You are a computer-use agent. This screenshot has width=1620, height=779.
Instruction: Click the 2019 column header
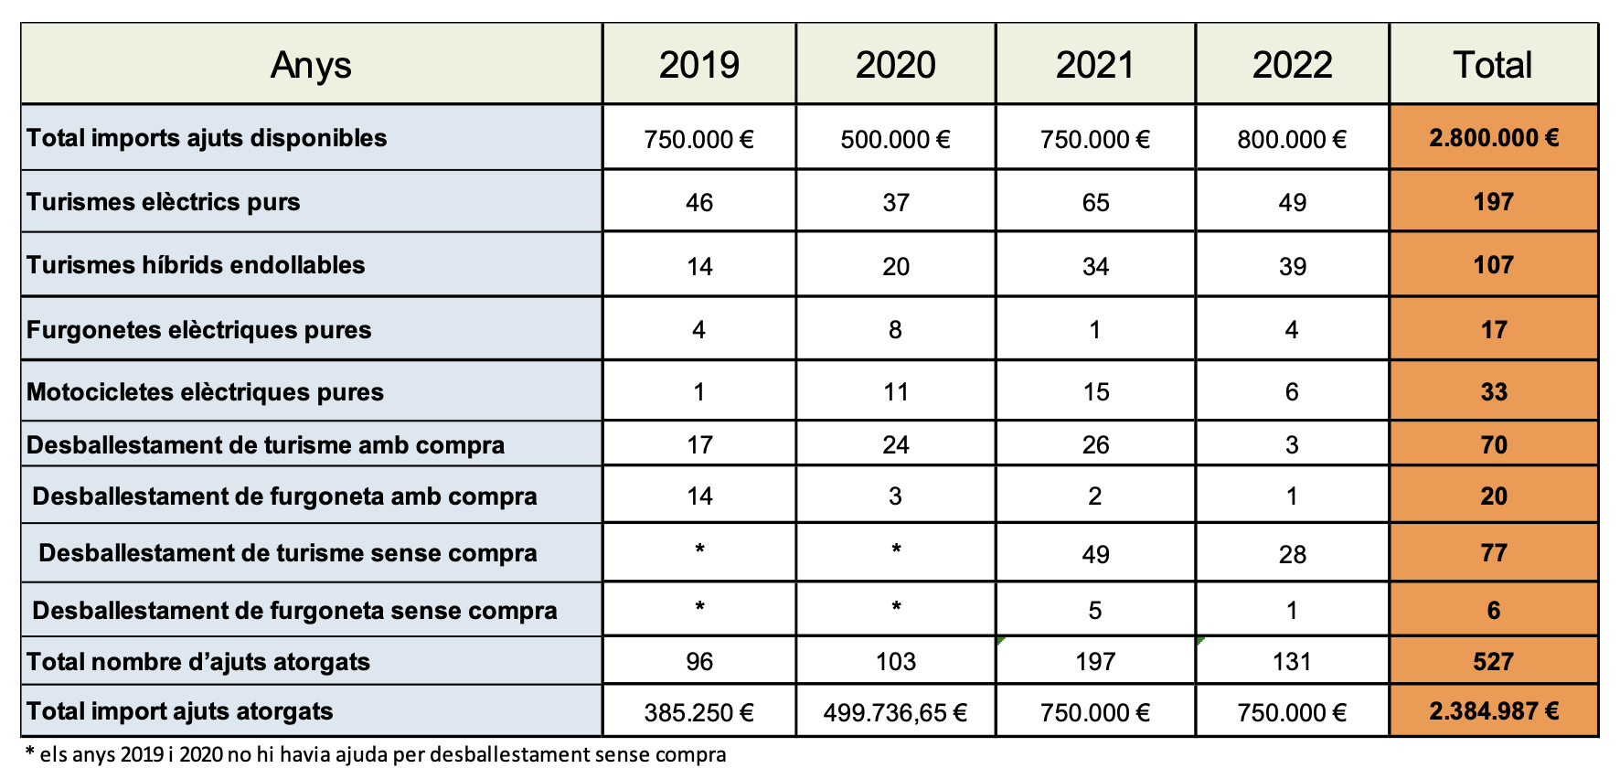[698, 65]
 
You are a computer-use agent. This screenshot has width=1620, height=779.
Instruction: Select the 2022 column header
[1292, 65]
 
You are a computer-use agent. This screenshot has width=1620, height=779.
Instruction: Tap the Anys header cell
[311, 65]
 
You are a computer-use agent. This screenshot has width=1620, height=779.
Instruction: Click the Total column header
[1492, 65]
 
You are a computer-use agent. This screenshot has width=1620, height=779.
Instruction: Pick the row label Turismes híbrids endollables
[196, 265]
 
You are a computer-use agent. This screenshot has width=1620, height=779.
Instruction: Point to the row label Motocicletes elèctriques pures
[205, 392]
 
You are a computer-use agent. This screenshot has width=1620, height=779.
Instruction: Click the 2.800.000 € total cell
[1494, 138]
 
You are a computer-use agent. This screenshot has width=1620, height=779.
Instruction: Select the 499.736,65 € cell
[895, 712]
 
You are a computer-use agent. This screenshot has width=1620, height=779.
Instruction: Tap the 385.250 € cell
[698, 712]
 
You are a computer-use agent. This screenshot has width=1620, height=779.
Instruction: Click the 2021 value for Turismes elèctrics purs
[1095, 202]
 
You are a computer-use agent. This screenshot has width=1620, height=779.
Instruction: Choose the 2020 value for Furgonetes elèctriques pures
[895, 329]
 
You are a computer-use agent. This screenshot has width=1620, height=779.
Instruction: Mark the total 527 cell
[1493, 662]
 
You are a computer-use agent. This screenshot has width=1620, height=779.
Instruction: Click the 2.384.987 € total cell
[1494, 711]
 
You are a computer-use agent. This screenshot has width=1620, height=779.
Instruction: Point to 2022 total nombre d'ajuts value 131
[1292, 662]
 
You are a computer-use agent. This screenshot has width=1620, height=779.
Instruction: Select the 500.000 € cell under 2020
[895, 139]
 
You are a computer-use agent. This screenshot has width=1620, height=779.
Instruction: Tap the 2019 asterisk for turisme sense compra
[699, 550]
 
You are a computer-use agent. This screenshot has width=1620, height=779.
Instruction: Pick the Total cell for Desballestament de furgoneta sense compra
[1493, 611]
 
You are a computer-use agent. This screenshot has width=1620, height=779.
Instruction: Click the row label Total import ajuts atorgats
[179, 711]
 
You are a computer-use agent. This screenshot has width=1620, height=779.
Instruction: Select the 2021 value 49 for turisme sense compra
[1095, 554]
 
